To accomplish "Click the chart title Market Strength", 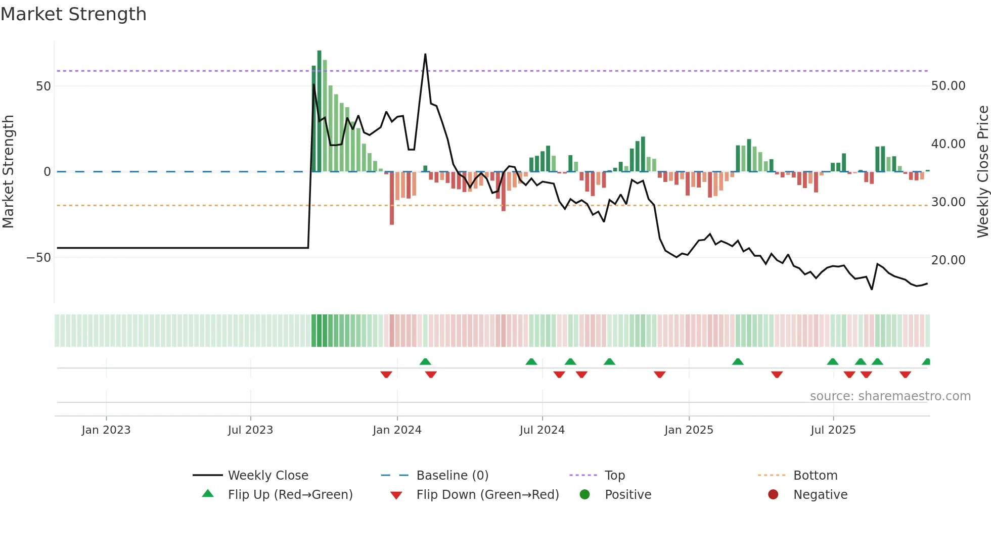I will (x=73, y=14).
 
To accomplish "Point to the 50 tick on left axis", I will (x=43, y=86).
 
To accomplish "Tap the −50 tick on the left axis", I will (x=39, y=258).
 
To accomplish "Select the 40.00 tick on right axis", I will (x=948, y=144).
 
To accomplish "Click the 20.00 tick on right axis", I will (x=948, y=260).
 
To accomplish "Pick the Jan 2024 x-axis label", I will (x=397, y=430).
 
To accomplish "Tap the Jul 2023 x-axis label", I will (x=250, y=430).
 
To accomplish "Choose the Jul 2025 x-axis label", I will (x=833, y=430).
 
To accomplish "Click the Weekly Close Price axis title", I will (x=982, y=172).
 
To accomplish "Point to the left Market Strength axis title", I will (x=9, y=172).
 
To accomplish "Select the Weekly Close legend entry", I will (x=267, y=476).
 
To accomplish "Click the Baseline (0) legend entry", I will (x=452, y=476).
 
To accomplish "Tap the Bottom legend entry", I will (x=815, y=476).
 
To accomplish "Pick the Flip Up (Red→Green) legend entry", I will (x=290, y=495).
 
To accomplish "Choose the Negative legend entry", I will (x=820, y=495).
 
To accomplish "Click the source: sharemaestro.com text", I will (x=890, y=396).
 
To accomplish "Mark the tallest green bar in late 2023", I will (x=319, y=111).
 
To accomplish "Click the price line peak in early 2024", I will (x=425, y=54).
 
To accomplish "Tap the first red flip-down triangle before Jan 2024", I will (x=386, y=375).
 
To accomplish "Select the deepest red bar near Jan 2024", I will (x=392, y=198).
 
